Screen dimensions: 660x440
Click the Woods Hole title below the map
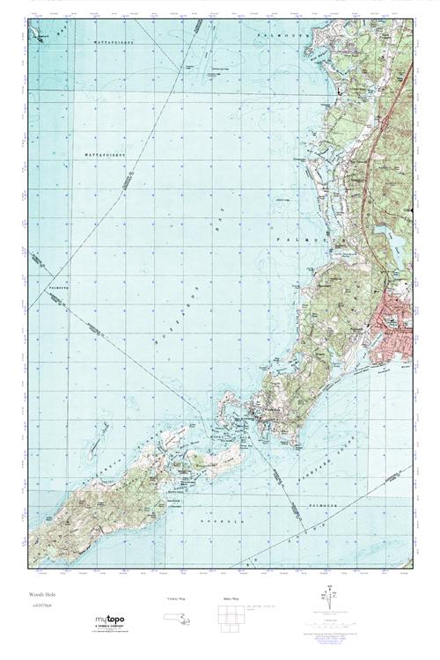[x=40, y=596]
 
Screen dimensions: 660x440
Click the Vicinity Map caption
[x=177, y=598]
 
